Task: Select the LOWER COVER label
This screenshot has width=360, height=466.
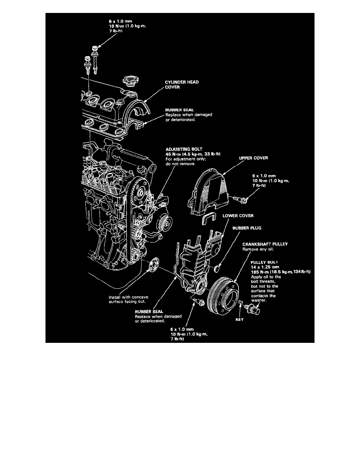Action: (x=237, y=215)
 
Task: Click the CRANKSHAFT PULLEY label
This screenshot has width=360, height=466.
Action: (x=265, y=244)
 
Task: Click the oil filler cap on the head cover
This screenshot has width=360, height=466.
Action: (x=130, y=82)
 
